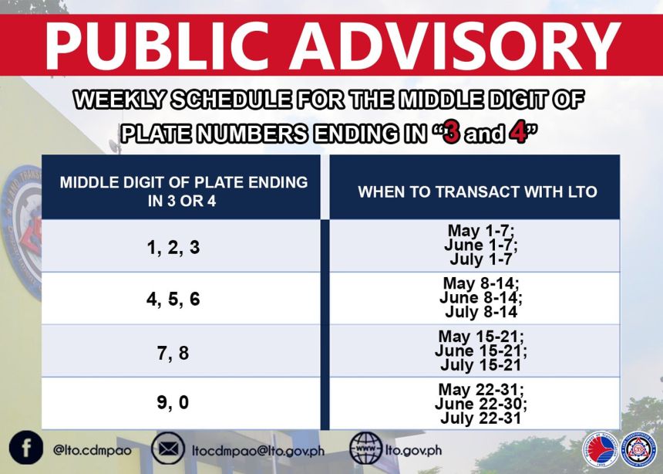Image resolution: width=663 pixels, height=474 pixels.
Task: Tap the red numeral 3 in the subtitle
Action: point(452,134)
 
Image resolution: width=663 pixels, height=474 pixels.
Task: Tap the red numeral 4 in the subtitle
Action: point(516,134)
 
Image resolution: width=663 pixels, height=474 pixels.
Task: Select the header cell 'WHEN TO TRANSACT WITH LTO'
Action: point(477,191)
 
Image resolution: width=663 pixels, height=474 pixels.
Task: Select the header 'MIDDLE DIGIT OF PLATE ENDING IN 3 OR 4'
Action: point(183,191)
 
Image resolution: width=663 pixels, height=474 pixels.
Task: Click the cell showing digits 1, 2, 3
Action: point(173,247)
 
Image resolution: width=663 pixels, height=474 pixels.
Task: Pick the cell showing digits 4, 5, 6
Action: point(173,299)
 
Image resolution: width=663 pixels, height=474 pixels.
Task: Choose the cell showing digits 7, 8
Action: point(173,352)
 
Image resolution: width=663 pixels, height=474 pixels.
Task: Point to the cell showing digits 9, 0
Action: point(173,403)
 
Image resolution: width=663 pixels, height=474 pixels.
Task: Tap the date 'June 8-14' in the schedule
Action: point(480,298)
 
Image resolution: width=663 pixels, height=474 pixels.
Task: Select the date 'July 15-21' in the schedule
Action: point(480,365)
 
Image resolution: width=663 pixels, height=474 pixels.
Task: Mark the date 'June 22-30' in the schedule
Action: point(480,404)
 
